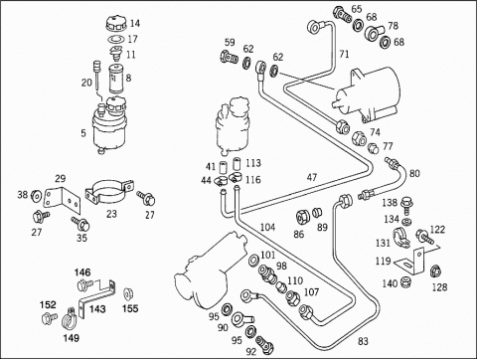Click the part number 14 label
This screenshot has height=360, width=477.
(135, 24)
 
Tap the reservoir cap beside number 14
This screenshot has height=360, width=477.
(116, 24)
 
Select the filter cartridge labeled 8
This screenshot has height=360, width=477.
(115, 79)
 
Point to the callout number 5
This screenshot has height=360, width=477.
(83, 133)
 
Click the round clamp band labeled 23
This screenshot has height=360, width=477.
(108, 192)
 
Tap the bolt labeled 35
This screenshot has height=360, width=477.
(80, 224)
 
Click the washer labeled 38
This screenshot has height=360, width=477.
(36, 196)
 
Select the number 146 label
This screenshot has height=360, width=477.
(82, 272)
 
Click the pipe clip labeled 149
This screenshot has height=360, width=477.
(71, 318)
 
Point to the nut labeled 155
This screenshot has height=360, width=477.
(127, 294)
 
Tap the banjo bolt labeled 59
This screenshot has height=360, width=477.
(229, 57)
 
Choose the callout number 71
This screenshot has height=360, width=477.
(345, 54)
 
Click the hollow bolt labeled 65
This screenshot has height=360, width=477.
(342, 14)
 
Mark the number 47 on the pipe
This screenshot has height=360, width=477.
(312, 177)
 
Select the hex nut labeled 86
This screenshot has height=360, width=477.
(303, 217)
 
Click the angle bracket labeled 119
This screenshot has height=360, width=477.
(410, 262)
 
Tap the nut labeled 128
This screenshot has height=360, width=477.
(435, 271)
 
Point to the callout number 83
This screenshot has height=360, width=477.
(363, 341)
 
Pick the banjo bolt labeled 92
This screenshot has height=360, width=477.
(264, 344)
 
